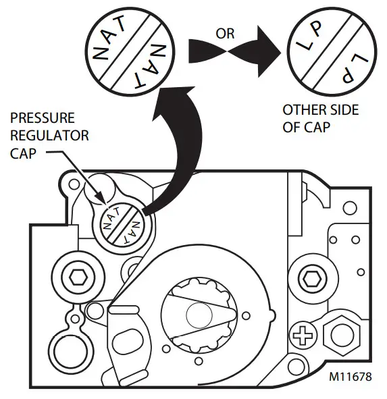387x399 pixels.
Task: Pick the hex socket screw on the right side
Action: point(311,276)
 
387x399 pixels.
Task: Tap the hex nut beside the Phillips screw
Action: point(337,334)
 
